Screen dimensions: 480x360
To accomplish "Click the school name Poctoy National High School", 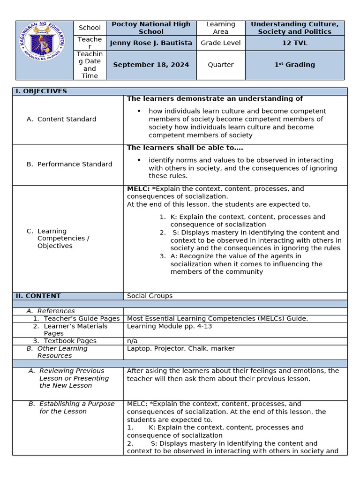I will pyautogui.click(x=151, y=28).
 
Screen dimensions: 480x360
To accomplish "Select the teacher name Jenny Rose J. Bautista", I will pyautogui.click(x=151, y=43).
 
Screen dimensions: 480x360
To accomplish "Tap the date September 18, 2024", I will pyautogui.click(x=151, y=65).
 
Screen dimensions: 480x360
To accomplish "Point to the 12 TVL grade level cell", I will pyautogui.click(x=294, y=43).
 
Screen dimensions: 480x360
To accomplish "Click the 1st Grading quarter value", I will pyautogui.click(x=294, y=65).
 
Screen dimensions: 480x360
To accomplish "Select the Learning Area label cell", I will pyautogui.click(x=220, y=28).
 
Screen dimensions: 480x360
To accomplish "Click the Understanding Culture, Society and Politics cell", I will pyautogui.click(x=294, y=28).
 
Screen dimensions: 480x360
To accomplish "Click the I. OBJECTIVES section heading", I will pyautogui.click(x=41, y=91).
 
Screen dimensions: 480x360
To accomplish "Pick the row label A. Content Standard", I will pyautogui.click(x=67, y=119).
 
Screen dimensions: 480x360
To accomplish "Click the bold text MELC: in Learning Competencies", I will pyautogui.click(x=138, y=188).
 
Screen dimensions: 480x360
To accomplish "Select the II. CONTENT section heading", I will pyautogui.click(x=38, y=296).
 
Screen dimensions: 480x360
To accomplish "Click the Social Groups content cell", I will pyautogui.click(x=150, y=296).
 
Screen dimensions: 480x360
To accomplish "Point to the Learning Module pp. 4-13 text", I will pyautogui.click(x=169, y=326).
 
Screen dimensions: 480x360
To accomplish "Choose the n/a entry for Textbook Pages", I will pyautogui.click(x=132, y=341).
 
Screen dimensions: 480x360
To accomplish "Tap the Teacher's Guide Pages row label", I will pyautogui.click(x=82, y=318).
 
